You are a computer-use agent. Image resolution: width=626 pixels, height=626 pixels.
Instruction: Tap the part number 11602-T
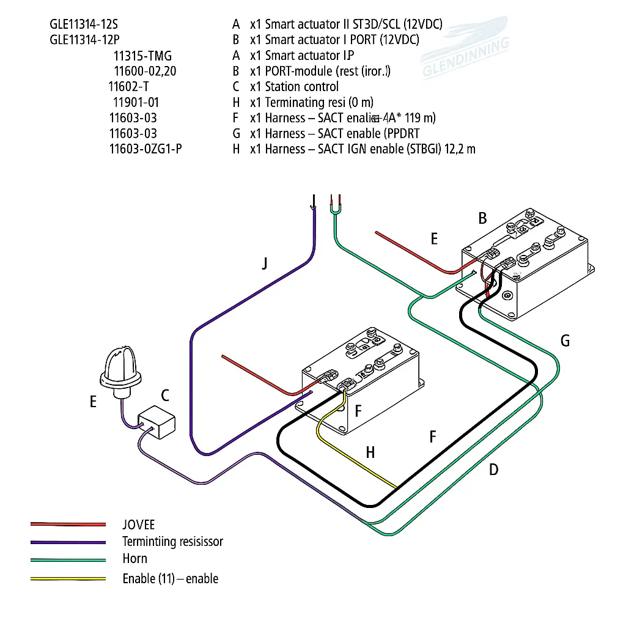129,87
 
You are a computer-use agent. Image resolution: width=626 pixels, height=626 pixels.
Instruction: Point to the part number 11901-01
136,102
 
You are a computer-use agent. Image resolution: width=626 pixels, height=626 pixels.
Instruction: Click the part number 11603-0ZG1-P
145,149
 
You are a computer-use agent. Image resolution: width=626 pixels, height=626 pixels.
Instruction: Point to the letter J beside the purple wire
264,263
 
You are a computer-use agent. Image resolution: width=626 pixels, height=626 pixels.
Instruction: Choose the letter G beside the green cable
565,341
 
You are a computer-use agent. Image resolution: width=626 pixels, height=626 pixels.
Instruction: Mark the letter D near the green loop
493,469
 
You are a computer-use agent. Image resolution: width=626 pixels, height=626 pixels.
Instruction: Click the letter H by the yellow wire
370,452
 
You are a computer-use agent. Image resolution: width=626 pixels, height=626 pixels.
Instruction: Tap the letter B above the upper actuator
482,218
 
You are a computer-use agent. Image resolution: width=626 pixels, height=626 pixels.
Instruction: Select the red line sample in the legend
68,525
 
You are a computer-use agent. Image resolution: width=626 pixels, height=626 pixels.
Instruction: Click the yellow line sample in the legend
68,579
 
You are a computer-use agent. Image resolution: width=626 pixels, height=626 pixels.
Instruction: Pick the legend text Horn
134,559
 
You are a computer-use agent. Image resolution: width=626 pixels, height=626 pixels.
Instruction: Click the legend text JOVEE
139,525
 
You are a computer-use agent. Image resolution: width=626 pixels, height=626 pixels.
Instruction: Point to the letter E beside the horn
93,402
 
